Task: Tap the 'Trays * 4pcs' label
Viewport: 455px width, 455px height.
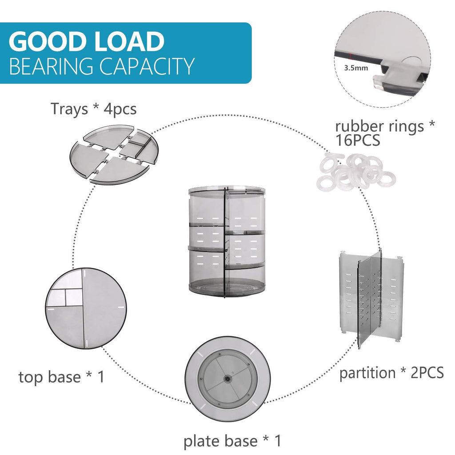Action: click(93, 108)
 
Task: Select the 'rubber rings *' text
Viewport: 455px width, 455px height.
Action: click(385, 126)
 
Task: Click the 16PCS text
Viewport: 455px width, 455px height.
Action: click(358, 141)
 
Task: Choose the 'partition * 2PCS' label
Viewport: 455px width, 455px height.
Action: click(391, 372)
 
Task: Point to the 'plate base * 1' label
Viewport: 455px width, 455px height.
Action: click(232, 441)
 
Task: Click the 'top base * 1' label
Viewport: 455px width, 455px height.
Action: click(62, 377)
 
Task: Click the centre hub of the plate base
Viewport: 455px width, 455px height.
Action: click(227, 379)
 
